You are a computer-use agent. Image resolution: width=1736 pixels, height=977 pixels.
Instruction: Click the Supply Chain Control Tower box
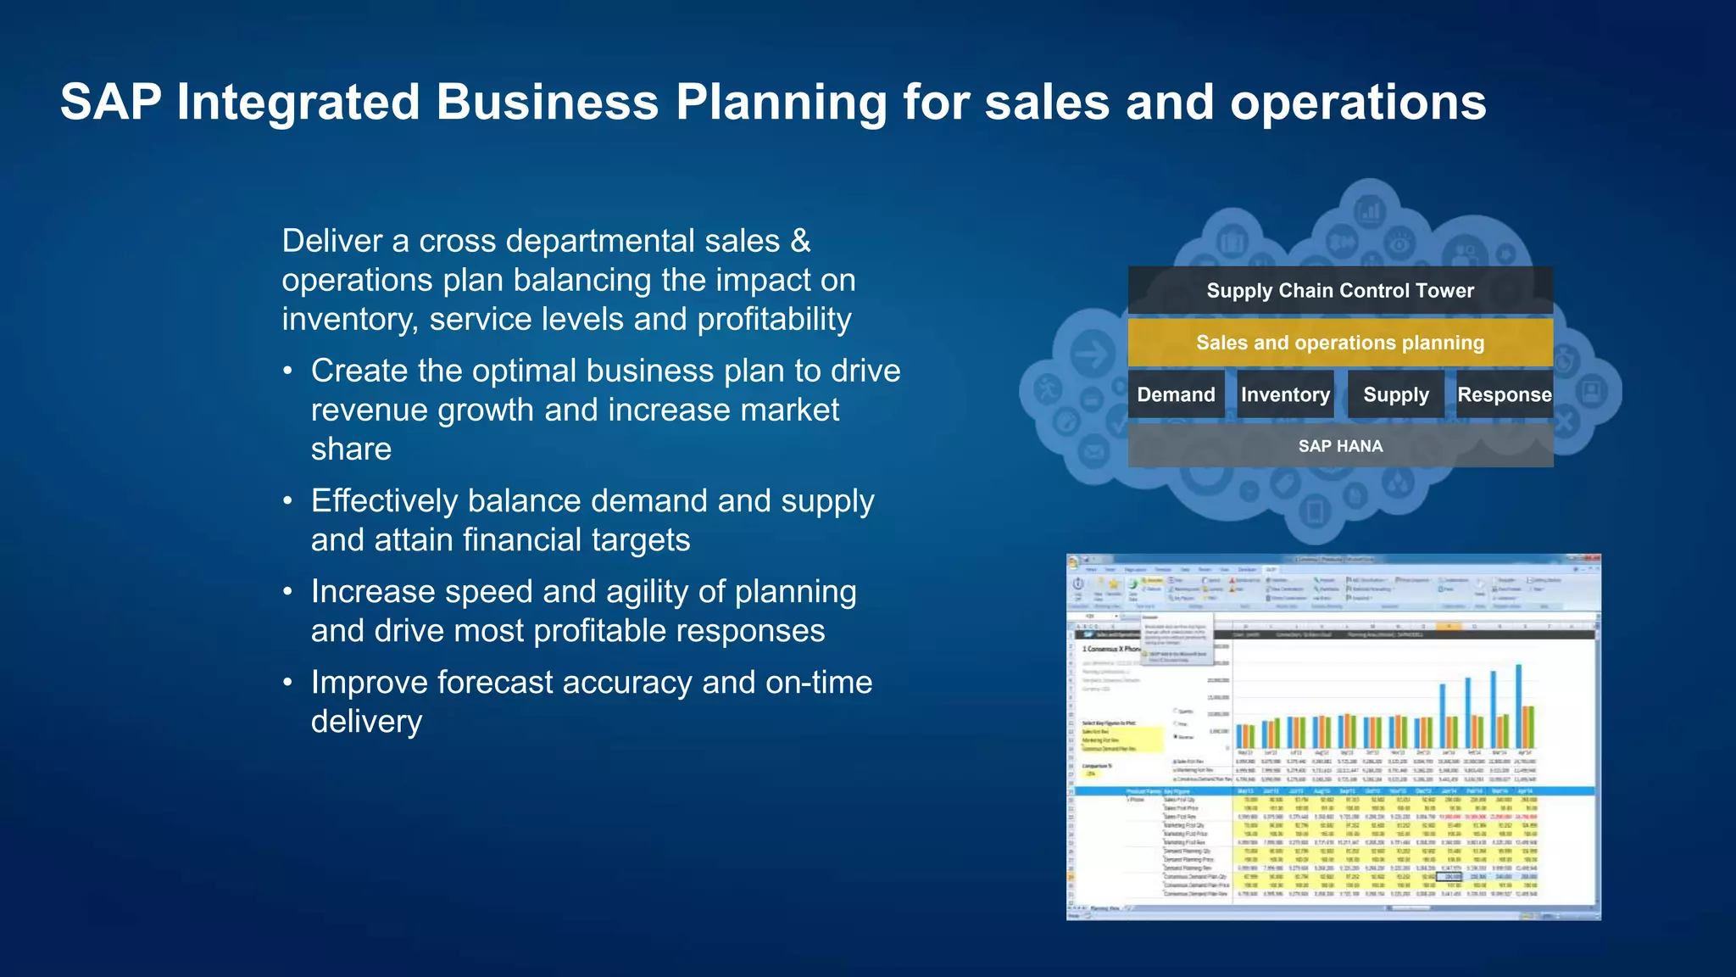[x=1340, y=290]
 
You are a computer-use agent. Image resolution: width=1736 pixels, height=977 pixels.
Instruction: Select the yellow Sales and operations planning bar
[x=1340, y=343]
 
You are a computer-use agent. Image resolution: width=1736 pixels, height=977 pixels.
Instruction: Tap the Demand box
[x=1176, y=394]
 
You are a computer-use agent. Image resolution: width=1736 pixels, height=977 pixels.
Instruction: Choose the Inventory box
[x=1285, y=394]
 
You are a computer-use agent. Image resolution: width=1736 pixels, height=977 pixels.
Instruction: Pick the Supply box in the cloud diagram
[x=1395, y=394]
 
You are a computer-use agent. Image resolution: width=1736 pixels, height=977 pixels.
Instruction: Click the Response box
[x=1505, y=394]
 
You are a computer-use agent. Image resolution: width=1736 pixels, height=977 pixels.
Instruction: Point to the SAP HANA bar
[x=1340, y=446]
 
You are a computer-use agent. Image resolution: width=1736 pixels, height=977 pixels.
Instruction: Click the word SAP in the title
[x=110, y=103]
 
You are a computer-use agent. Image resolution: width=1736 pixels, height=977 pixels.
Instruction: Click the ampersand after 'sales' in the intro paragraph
[x=800, y=241]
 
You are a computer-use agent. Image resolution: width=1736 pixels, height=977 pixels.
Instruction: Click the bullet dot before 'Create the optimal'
[x=288, y=371]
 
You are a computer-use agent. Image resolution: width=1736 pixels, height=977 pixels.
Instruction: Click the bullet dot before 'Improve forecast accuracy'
[x=288, y=683]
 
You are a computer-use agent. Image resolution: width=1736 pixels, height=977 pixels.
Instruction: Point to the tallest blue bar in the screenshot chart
[x=1519, y=704]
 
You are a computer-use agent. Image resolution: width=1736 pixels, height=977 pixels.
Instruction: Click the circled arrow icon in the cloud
[x=1092, y=354]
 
